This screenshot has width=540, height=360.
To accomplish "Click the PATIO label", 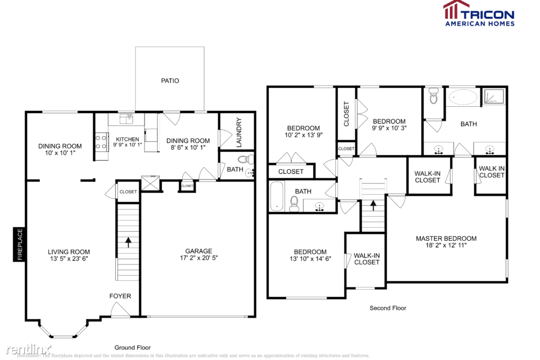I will [170, 81].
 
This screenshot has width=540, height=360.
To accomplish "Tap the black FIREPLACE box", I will [20, 244].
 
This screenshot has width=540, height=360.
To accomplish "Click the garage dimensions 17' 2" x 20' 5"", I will [199, 259].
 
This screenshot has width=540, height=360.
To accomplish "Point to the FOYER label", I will [120, 296].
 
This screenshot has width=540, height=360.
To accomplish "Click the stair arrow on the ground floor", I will [128, 242].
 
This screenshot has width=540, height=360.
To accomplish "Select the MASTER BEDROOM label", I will [446, 238].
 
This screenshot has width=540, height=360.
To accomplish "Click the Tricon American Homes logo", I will [478, 13].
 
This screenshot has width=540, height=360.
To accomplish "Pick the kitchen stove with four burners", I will [101, 141].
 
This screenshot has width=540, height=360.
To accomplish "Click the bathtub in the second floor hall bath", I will [277, 196].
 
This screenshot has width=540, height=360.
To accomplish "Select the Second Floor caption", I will [388, 308].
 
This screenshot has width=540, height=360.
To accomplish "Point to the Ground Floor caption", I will [133, 348].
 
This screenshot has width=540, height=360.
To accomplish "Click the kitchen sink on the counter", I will [129, 119].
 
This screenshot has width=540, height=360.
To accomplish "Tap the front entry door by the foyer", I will [119, 309].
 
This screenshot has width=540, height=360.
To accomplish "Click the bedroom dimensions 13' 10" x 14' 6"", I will [310, 259].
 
